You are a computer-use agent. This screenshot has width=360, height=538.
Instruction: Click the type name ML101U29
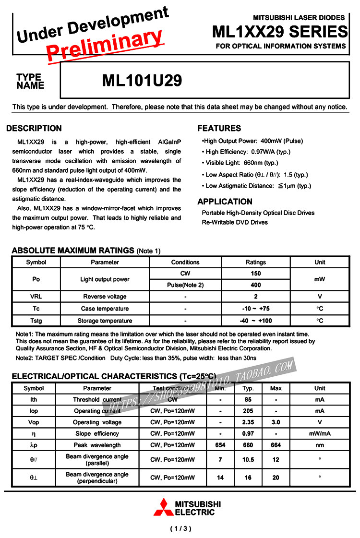[142, 81]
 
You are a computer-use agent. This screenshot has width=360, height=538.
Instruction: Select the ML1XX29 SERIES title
[280, 32]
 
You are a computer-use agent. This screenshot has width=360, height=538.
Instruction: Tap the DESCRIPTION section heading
[34, 128]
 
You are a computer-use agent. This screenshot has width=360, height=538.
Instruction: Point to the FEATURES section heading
[219, 128]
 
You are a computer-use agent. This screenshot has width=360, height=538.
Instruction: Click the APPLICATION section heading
[225, 202]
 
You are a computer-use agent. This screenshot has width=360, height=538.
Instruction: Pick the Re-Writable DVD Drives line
[235, 222]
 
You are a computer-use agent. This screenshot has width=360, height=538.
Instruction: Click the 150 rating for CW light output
[256, 274]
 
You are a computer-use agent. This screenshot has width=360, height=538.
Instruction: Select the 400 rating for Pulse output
[256, 285]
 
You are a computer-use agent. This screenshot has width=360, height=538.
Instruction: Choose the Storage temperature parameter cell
[105, 321]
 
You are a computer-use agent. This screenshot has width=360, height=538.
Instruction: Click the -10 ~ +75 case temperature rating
[256, 309]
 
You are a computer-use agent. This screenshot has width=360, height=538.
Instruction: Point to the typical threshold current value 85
[248, 399]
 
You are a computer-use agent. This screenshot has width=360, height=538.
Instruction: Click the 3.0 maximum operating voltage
[276, 422]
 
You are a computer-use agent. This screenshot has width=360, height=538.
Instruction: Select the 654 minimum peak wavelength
[220, 445]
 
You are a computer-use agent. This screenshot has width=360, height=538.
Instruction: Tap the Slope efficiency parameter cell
[97, 434]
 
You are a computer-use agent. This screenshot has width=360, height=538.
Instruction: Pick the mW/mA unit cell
[320, 434]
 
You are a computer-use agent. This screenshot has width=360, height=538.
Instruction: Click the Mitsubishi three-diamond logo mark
[162, 507]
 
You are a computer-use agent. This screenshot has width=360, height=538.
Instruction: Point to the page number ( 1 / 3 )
[180, 529]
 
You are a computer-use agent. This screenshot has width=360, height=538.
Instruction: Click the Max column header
[276, 388]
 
